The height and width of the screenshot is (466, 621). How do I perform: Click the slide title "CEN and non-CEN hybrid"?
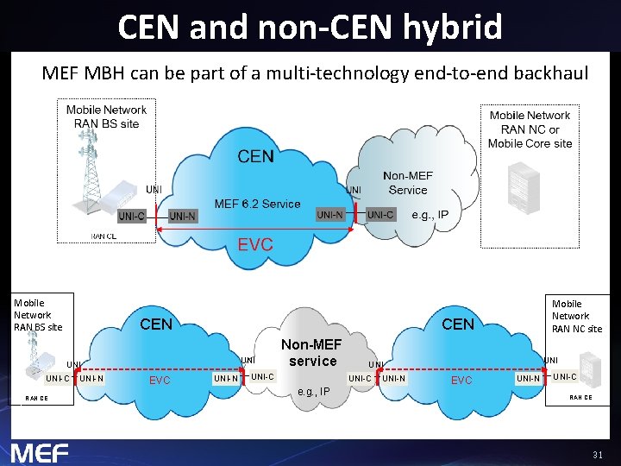pyautogui.click(x=310, y=27)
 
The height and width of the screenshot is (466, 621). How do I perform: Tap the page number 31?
pyautogui.click(x=598, y=454)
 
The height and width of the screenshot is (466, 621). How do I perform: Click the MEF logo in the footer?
pyautogui.click(x=40, y=453)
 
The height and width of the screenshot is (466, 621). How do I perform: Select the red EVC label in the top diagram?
pyautogui.click(x=255, y=245)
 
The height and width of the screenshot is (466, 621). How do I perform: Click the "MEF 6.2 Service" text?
pyautogui.click(x=257, y=204)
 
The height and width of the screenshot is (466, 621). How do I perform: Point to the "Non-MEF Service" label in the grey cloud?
pyautogui.click(x=408, y=183)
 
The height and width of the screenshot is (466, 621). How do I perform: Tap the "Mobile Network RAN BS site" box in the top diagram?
pyautogui.click(x=107, y=116)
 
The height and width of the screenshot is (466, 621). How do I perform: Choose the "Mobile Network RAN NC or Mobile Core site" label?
pyautogui.click(x=530, y=129)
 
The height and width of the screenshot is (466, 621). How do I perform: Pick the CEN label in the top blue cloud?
pyautogui.click(x=255, y=156)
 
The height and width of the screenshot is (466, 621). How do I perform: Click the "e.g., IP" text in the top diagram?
pyautogui.click(x=430, y=214)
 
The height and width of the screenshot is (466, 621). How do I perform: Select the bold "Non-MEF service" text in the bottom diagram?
pyautogui.click(x=312, y=353)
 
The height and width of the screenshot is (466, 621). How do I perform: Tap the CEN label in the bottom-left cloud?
pyautogui.click(x=156, y=324)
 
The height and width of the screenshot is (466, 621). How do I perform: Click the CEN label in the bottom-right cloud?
pyautogui.click(x=458, y=324)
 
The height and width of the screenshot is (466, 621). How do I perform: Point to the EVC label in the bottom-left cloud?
pyautogui.click(x=160, y=380)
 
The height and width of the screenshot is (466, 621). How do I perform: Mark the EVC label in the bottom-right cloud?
pyautogui.click(x=461, y=380)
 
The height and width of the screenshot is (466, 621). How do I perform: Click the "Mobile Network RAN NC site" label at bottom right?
pyautogui.click(x=577, y=316)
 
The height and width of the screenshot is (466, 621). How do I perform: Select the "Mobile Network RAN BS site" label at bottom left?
pyautogui.click(x=38, y=315)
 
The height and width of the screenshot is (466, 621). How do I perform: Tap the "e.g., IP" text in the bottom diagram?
pyautogui.click(x=312, y=392)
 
